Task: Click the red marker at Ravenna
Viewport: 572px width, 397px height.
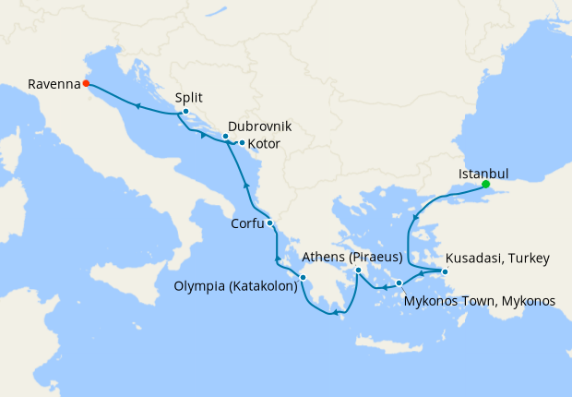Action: click(x=86, y=83)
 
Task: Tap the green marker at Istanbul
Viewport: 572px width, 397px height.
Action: click(x=485, y=184)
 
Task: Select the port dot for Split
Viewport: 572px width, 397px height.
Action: click(x=185, y=113)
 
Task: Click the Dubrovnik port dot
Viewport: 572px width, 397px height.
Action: click(x=225, y=137)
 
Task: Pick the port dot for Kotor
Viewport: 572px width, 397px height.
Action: click(x=242, y=143)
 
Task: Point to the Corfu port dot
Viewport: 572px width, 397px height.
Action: click(x=269, y=223)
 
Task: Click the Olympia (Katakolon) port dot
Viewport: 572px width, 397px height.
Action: click(x=303, y=276)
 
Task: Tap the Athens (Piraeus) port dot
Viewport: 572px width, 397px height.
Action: click(x=359, y=271)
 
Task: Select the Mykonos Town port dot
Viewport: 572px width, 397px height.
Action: click(x=399, y=283)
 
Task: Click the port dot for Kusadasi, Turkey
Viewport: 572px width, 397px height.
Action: click(x=444, y=271)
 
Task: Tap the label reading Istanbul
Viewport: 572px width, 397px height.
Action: click(x=483, y=172)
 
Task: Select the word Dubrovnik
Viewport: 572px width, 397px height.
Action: click(x=259, y=125)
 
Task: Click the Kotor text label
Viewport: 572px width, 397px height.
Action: click(x=264, y=144)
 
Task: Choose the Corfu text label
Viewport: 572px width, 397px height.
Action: click(x=247, y=223)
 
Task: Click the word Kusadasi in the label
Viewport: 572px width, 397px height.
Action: click(x=473, y=258)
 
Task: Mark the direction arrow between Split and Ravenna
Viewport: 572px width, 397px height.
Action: click(x=137, y=105)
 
